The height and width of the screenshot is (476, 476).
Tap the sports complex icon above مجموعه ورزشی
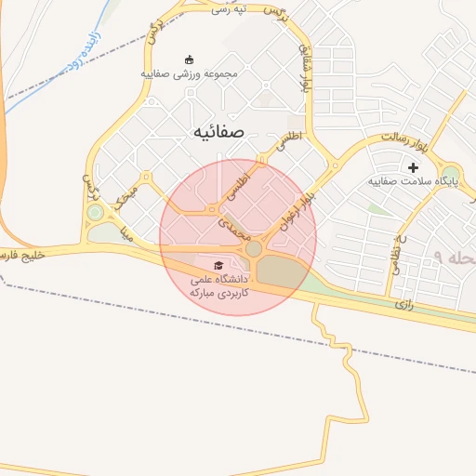191,59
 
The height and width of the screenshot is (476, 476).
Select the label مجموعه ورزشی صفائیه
191,73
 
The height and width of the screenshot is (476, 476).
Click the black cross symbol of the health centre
413,167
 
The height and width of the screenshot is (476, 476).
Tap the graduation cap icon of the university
218,265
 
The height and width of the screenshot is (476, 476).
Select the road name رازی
403,303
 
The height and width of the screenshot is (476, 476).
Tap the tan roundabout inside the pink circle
253,248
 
